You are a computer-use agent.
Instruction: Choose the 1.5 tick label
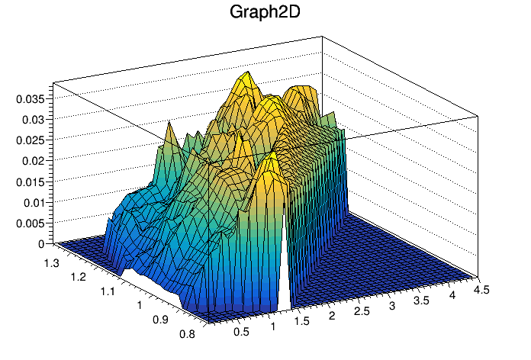[303, 321]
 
